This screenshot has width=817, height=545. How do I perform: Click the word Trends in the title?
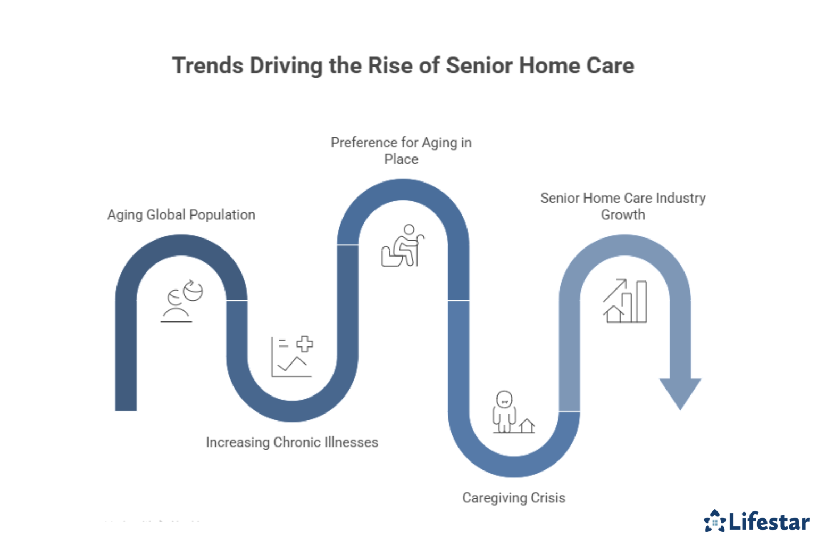click(x=207, y=66)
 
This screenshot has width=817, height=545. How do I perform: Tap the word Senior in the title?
click(x=479, y=66)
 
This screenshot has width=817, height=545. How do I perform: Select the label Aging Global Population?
click(x=181, y=215)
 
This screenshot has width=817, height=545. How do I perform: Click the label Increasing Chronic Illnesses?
click(x=292, y=442)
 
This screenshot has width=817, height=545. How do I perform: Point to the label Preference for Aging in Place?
click(x=401, y=151)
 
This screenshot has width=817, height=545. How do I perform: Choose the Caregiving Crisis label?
click(x=513, y=498)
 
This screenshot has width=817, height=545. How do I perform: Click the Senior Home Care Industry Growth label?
click(x=623, y=206)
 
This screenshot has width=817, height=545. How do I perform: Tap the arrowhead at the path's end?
click(x=680, y=393)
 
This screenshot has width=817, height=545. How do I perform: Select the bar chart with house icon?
click(x=625, y=301)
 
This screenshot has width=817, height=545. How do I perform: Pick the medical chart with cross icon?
click(x=291, y=357)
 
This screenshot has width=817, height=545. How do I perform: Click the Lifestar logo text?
click(x=769, y=522)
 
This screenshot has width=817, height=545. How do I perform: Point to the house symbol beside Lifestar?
click(x=714, y=521)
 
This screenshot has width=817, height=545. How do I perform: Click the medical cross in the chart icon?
click(x=305, y=344)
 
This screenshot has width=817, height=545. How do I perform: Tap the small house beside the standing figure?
click(x=527, y=426)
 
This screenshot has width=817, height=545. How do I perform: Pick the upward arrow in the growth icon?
click(x=615, y=291)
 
